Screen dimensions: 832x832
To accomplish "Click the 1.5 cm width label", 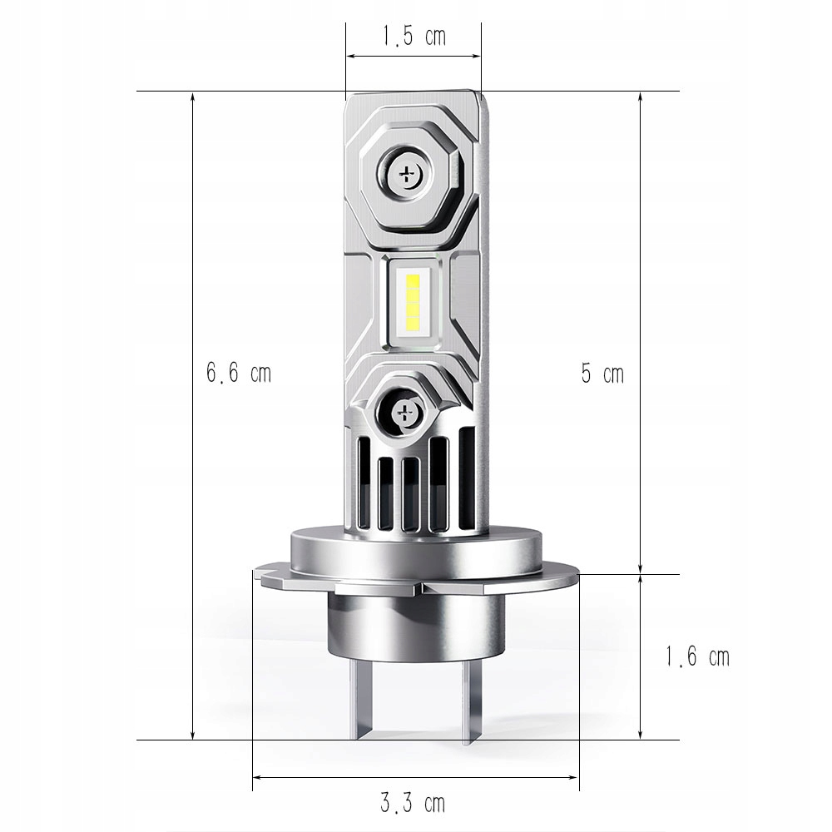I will pos(414,37).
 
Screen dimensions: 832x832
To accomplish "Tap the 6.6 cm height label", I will pos(239,373).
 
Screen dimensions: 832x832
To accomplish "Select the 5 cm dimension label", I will pos(602,374).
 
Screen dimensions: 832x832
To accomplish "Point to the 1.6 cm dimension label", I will pos(696,656).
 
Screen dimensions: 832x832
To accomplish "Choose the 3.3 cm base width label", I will pos(414,803).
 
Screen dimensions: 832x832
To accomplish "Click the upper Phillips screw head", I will pos(408,173).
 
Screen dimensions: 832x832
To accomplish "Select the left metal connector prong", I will pos(364,703).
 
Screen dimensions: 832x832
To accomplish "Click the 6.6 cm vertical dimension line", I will pos(193,499).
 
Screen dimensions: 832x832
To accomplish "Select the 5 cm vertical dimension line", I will pos(640,250).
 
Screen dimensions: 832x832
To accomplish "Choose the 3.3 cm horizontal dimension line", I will pos(333,778).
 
